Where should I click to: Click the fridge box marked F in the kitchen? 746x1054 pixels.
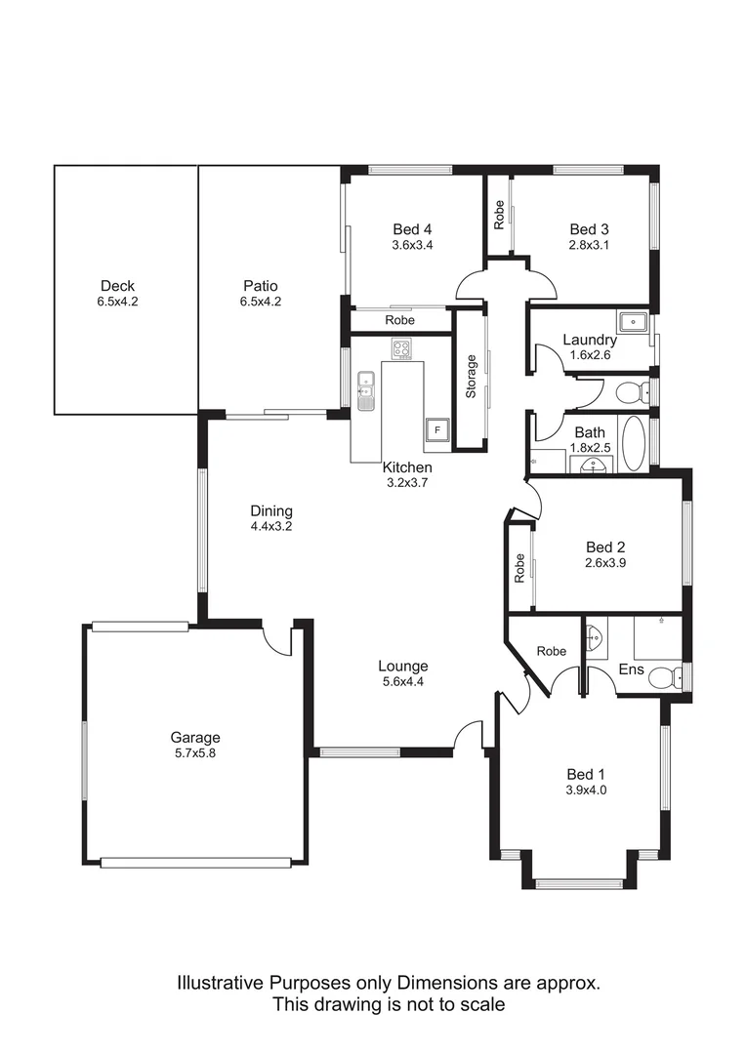point(436,428)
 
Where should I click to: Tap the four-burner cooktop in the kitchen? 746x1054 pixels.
point(401,348)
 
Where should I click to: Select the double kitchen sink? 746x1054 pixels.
point(366,388)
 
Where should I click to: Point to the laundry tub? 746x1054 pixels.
point(633,321)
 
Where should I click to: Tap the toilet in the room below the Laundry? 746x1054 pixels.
point(634,392)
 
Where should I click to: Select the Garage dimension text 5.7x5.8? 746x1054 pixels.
point(195,752)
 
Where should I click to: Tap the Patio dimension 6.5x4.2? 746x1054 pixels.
point(262,302)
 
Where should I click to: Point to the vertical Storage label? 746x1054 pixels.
point(471,377)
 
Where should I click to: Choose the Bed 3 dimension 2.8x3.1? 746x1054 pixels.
point(589,245)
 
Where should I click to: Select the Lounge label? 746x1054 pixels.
point(403,667)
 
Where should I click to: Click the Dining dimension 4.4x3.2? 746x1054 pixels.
point(271,526)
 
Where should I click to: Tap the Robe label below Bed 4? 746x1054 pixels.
point(398,320)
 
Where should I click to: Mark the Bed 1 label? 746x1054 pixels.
point(586,776)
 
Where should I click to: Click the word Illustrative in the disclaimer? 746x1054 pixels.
point(221,983)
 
